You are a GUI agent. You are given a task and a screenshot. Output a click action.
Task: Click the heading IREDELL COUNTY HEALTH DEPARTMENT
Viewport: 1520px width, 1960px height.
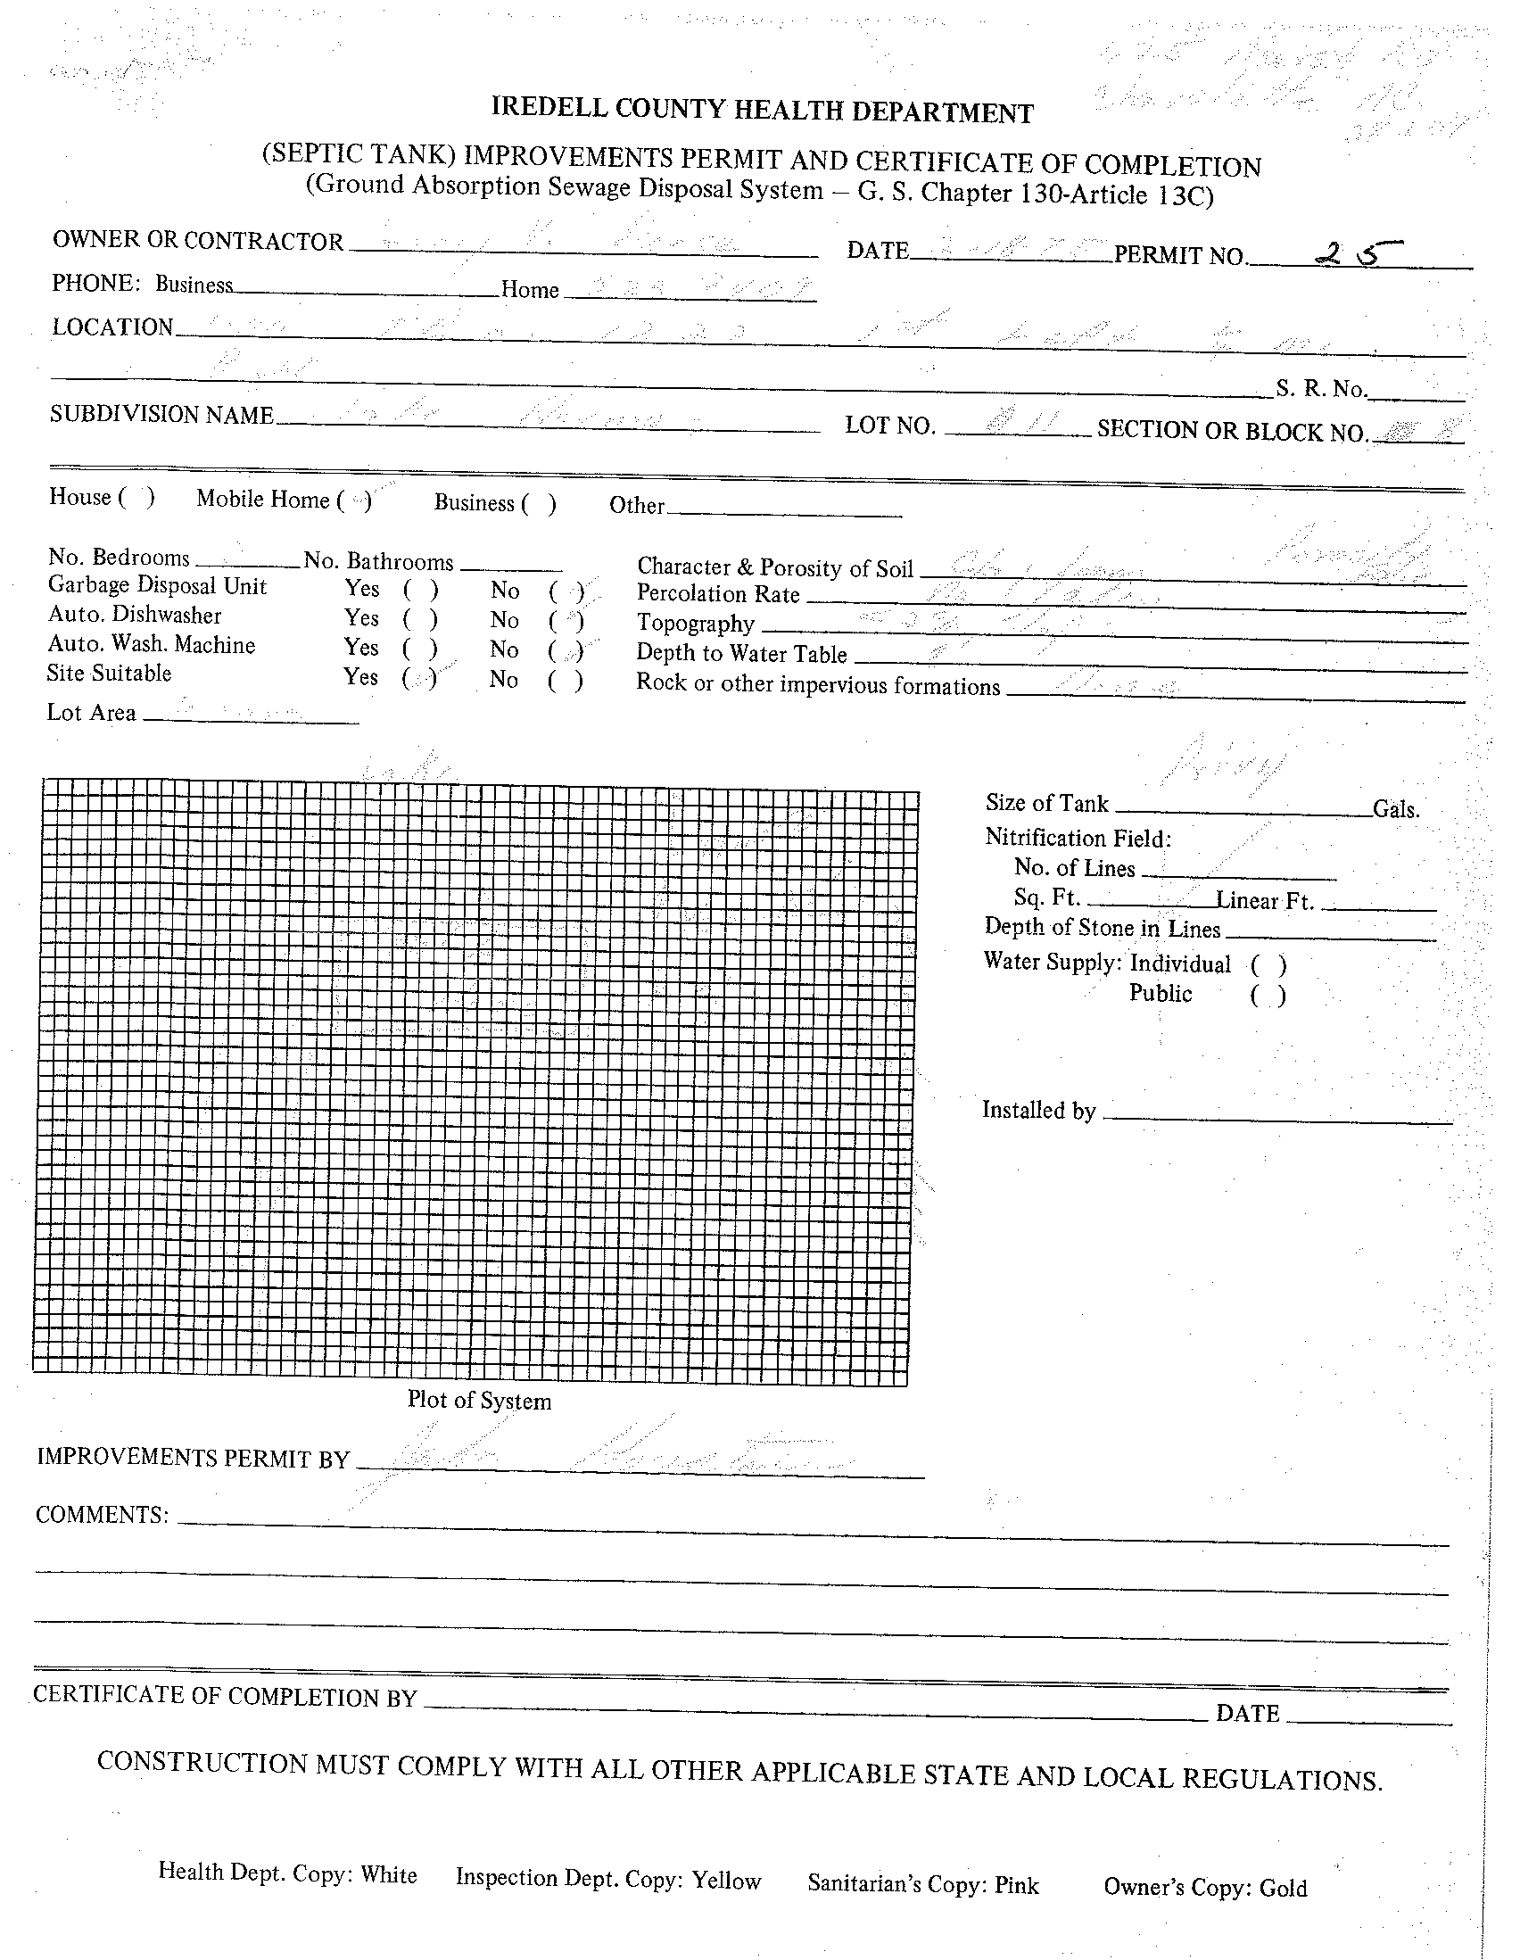pos(762,111)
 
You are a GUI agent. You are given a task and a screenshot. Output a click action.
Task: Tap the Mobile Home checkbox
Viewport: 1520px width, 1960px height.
pos(354,500)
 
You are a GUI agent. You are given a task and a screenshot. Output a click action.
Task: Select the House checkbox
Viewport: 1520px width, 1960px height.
pos(136,497)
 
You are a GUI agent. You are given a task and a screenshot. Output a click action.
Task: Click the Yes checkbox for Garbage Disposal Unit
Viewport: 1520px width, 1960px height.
pos(420,590)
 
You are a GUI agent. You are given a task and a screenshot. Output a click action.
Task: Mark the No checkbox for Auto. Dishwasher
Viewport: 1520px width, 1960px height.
pos(566,620)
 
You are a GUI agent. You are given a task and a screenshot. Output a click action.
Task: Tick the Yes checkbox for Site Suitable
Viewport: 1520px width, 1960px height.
pos(419,677)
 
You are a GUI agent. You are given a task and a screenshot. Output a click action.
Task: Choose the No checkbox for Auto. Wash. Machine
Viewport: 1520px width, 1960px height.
pos(566,649)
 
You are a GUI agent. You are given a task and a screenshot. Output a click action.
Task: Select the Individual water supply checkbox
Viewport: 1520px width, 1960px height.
pos(1268,965)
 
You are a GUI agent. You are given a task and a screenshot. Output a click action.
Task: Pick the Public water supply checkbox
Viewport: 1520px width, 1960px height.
pos(1268,996)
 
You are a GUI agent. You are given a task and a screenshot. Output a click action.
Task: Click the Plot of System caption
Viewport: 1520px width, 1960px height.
pos(479,1401)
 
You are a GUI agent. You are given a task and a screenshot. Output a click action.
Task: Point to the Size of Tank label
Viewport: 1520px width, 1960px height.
pos(1046,802)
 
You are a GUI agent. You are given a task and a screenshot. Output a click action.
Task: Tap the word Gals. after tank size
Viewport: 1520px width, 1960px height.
pos(1396,809)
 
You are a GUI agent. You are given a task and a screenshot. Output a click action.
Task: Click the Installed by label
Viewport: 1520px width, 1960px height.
pos(1039,1110)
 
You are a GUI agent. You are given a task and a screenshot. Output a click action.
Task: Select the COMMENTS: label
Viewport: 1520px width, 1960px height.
pos(103,1515)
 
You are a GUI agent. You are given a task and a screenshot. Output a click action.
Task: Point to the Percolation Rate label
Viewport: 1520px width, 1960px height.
pos(718,594)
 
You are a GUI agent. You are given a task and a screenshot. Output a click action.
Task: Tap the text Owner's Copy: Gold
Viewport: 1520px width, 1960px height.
pos(1205,1888)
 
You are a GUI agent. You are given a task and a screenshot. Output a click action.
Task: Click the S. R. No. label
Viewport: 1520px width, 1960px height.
pos(1321,389)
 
